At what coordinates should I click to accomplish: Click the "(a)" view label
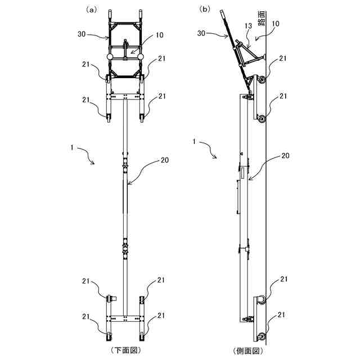(x=91, y=10)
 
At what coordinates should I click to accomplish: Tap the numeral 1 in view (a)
(x=71, y=147)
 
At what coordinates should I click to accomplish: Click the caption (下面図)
(x=125, y=350)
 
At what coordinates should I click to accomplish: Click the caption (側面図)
(x=248, y=350)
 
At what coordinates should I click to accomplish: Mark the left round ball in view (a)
(x=109, y=57)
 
